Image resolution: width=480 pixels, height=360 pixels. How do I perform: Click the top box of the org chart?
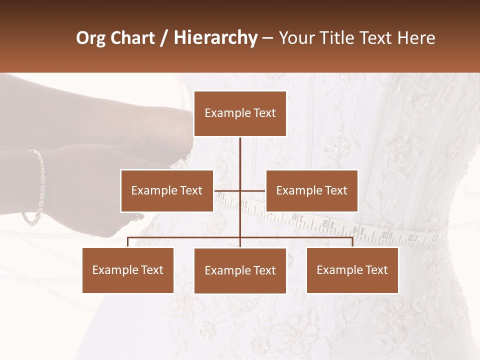tap(240, 113)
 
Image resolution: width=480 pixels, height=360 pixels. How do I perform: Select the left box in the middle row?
tap(166, 190)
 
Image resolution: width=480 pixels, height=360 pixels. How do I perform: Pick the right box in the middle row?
tap(311, 190)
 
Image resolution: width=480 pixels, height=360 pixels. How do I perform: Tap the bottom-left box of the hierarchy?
tap(128, 270)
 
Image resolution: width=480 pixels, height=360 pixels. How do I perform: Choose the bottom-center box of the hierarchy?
tap(240, 270)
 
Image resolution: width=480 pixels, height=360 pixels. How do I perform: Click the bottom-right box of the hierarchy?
tap(352, 270)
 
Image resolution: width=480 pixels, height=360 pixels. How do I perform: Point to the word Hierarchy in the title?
tap(215, 38)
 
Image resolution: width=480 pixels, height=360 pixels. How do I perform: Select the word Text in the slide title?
tap(379, 38)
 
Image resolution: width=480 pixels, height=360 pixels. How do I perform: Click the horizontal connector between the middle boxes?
tap(240, 190)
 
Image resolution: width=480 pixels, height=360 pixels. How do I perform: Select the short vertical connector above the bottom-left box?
tap(128, 242)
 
